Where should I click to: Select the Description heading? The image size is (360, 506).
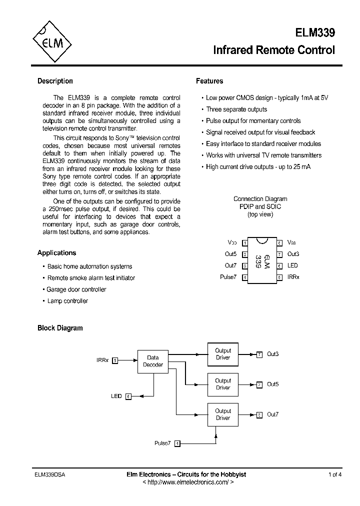tap(55, 81)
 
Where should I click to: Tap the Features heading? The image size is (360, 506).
tap(209, 81)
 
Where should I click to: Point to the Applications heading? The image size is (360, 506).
tap(56, 253)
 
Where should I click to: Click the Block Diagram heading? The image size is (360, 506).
tap(60, 328)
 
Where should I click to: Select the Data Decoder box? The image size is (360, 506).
tap(153, 361)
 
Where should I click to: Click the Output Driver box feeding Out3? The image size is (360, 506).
tap(223, 354)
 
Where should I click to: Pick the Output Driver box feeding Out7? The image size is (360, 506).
tap(223, 414)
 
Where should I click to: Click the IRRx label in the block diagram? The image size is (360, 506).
tap(102, 360)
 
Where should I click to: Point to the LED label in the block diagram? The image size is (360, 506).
tap(116, 396)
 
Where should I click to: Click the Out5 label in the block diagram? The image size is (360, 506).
tap(272, 384)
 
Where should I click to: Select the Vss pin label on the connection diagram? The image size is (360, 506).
tap(291, 242)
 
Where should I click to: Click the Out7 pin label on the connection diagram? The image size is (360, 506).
tap(230, 265)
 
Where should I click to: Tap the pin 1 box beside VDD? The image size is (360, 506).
tap(245, 243)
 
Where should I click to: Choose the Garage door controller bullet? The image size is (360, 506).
tap(76, 289)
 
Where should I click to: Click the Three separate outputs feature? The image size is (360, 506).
tap(236, 109)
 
